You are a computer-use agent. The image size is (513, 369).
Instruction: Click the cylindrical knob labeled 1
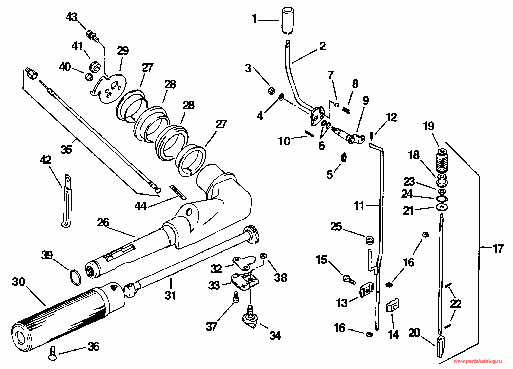288,21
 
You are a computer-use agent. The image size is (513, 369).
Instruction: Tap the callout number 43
71,17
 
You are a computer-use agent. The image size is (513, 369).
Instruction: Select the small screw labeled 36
52,353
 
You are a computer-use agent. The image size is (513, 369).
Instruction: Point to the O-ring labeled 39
75,278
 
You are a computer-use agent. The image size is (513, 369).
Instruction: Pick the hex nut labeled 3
271,90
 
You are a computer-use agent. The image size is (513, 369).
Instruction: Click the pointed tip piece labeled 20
441,346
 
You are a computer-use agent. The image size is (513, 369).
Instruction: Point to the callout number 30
19,282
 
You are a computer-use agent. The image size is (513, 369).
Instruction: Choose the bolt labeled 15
349,279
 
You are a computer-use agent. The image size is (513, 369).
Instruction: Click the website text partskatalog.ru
478,361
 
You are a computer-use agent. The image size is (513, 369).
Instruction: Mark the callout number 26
103,222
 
